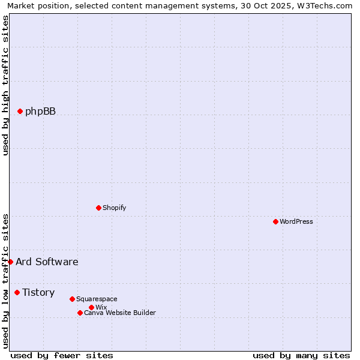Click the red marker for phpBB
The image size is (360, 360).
point(20,111)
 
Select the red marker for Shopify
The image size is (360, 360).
point(99,208)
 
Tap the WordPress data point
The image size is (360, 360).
point(275,221)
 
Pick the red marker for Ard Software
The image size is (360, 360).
point(10,262)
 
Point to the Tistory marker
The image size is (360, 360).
point(17,292)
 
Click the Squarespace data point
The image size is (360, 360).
point(72,299)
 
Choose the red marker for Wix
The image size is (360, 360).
point(91,307)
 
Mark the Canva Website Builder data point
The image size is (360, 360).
point(80,313)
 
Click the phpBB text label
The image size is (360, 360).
point(40,111)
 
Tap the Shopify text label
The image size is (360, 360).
point(114,208)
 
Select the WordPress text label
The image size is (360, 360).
point(296,221)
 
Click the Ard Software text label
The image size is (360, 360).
point(47,262)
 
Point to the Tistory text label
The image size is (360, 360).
point(38,292)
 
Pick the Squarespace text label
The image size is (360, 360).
point(97,299)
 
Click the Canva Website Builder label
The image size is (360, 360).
point(120,313)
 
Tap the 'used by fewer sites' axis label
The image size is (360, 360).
point(62,355)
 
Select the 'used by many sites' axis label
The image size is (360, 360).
point(301,355)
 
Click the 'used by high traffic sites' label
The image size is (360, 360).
point(5,85)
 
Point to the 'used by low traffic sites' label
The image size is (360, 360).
point(5,281)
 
